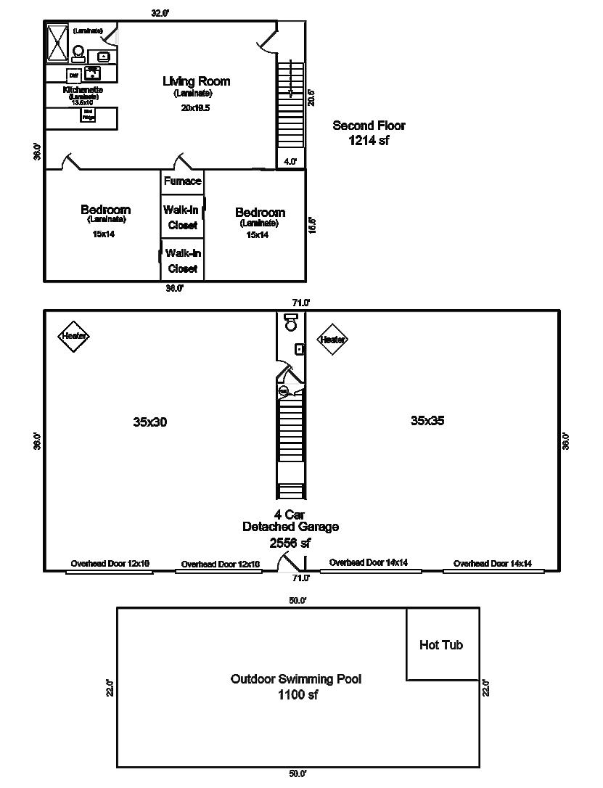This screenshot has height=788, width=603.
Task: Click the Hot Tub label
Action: [x=441, y=645]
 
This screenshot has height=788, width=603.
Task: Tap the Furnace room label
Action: [x=182, y=181]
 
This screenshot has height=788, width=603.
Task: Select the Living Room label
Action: [x=196, y=81]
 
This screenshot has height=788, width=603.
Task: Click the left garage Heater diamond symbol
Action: [x=74, y=336]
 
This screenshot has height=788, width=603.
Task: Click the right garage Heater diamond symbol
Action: [x=333, y=339]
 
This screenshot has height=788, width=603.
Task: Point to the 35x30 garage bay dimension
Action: [x=150, y=422]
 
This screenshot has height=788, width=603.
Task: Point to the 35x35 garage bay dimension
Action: [x=427, y=420]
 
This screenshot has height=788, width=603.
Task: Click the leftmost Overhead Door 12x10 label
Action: [x=110, y=563]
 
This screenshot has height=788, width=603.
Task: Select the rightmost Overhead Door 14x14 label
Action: [x=493, y=563]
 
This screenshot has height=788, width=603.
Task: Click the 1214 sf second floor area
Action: [x=369, y=141]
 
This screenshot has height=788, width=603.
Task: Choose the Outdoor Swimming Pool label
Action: [x=296, y=679]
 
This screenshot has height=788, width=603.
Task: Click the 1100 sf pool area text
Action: [x=297, y=694]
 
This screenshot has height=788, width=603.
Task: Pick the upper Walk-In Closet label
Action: [x=182, y=217]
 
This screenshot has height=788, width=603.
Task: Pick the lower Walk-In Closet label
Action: [x=183, y=260]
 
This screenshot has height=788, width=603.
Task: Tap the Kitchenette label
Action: [x=83, y=90]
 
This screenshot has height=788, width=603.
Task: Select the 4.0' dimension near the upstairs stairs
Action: [x=290, y=162]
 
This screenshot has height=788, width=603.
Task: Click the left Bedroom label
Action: [x=106, y=210]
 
